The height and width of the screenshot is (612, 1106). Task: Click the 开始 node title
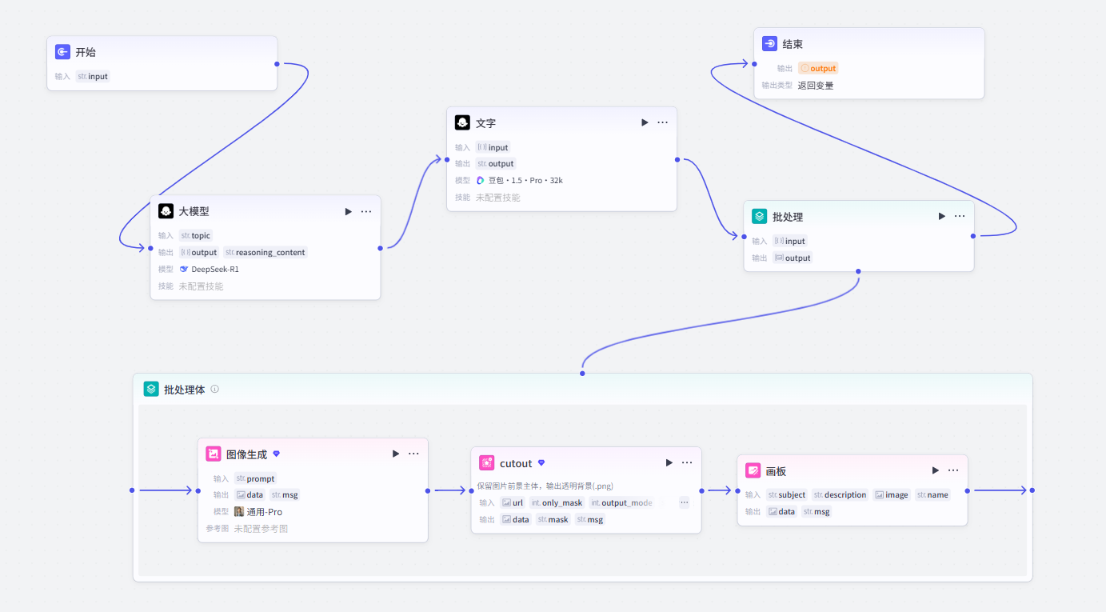point(86,52)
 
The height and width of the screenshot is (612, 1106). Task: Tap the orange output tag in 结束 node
point(818,68)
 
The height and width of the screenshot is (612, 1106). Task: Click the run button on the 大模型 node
point(348,211)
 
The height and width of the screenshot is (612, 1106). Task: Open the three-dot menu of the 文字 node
point(663,122)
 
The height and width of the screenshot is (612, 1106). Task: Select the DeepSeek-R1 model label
point(210,270)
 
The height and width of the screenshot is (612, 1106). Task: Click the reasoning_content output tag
point(266,253)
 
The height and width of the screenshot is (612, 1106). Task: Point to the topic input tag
point(195,236)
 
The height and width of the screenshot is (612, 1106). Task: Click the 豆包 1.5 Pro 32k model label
point(520,180)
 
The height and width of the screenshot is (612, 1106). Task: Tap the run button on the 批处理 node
point(941,216)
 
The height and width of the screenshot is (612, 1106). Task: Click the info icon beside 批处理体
point(215,390)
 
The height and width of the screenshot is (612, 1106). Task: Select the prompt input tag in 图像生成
point(255,478)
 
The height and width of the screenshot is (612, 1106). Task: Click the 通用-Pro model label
point(258,512)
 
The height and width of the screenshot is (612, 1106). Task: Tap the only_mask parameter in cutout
point(557,503)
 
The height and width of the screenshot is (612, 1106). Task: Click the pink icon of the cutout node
point(486,463)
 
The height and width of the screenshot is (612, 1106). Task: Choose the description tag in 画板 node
point(840,495)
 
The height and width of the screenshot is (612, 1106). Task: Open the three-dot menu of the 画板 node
point(953,470)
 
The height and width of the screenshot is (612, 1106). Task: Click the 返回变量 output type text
point(816,86)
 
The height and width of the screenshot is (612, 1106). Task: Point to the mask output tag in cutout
point(553,520)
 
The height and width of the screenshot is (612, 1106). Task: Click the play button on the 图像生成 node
point(396,454)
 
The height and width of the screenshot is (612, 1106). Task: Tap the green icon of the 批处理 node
point(760,216)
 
